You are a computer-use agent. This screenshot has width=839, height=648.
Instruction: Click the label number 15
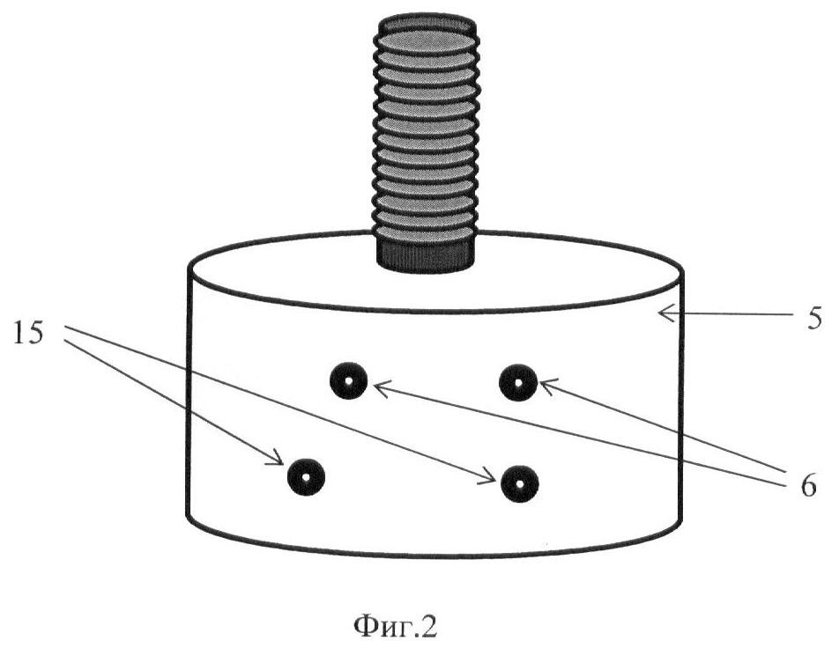pyautogui.click(x=27, y=335)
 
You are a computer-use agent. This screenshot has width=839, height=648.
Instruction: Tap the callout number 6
pyautogui.click(x=808, y=486)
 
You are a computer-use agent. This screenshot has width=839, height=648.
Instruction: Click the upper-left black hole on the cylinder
pyautogui.click(x=348, y=381)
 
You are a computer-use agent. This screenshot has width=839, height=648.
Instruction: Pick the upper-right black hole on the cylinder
pyautogui.click(x=518, y=382)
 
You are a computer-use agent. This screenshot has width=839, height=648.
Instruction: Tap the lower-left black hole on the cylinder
pyautogui.click(x=306, y=477)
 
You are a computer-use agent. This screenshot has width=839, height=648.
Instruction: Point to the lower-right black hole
pyautogui.click(x=519, y=484)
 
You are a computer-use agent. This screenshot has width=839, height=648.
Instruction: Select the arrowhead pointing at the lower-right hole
pyautogui.click(x=490, y=476)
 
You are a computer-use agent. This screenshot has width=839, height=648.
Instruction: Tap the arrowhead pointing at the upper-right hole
pyautogui.click(x=549, y=386)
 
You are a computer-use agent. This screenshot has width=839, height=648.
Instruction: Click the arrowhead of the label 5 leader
pyautogui.click(x=666, y=313)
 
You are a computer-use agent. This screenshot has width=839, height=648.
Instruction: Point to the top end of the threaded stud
pyautogui.click(x=427, y=23)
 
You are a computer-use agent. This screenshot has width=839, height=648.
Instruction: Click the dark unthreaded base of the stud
pyautogui.click(x=427, y=254)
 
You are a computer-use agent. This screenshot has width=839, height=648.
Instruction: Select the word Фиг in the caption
pyautogui.click(x=382, y=627)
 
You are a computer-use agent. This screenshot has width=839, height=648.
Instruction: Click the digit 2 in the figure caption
pyautogui.click(x=429, y=626)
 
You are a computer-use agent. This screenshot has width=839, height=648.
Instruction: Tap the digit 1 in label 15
pyautogui.click(x=19, y=335)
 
